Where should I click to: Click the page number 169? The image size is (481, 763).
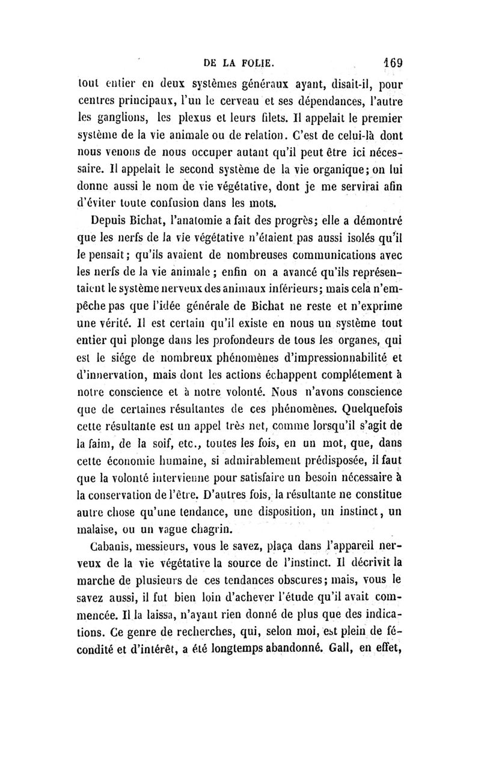tap(391, 61)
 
